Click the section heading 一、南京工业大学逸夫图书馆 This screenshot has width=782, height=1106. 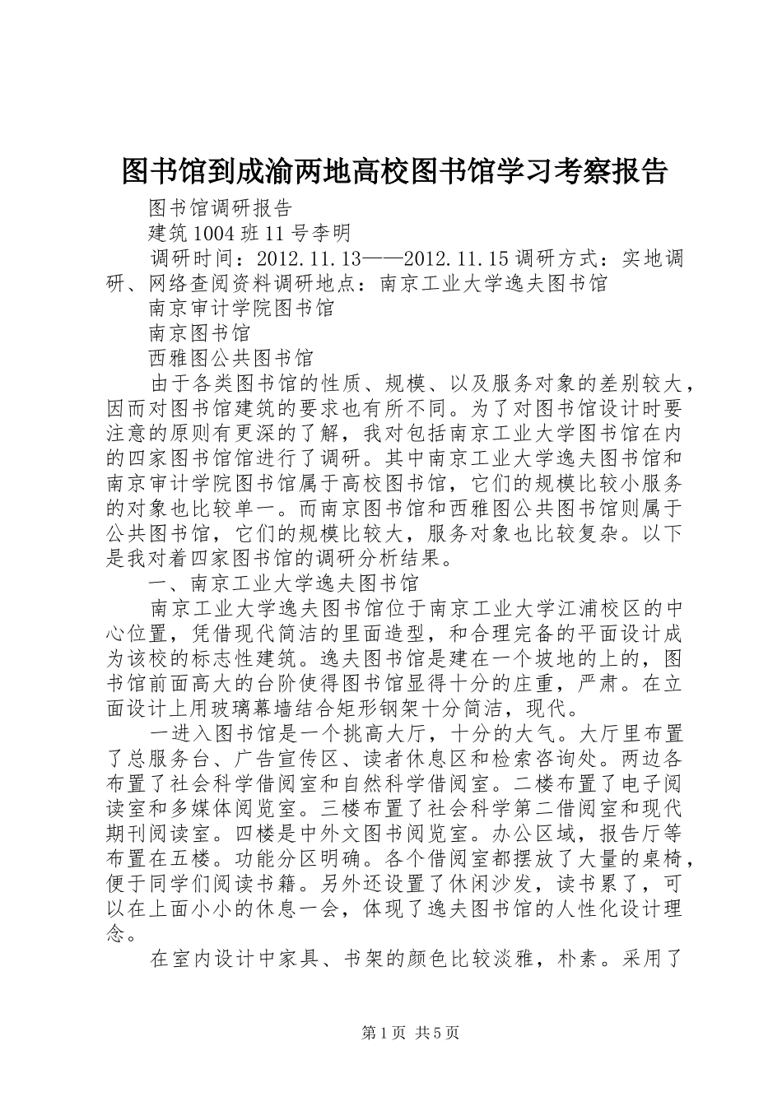pos(284,583)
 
